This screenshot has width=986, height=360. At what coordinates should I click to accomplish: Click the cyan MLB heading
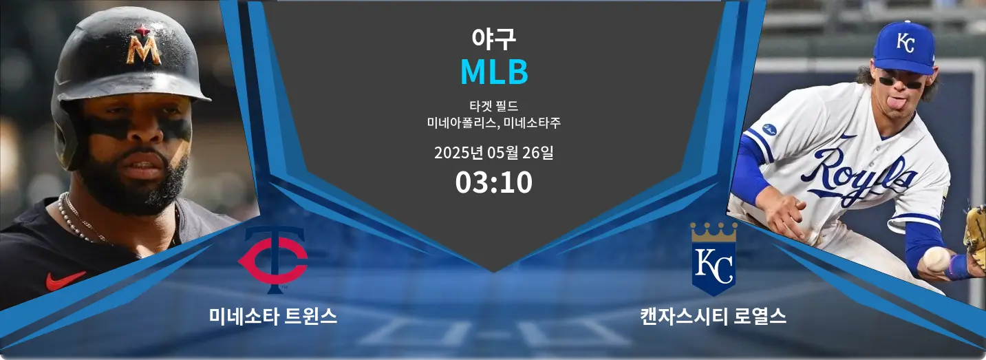[494, 72]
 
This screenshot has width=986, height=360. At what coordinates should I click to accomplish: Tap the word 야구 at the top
[493, 39]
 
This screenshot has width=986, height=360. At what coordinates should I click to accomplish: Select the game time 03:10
[494, 182]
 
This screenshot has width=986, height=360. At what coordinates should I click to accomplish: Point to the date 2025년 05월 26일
[494, 153]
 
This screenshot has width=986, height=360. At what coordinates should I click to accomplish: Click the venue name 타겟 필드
[494, 106]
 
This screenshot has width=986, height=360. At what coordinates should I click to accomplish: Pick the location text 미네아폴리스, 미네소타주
[494, 123]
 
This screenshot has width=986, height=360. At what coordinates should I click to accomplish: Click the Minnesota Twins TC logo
[273, 260]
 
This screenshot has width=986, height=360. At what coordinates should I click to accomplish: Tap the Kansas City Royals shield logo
[714, 259]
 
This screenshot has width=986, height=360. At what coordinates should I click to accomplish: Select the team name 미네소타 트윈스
[273, 317]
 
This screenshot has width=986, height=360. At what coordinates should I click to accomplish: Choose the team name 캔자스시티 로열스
[714, 317]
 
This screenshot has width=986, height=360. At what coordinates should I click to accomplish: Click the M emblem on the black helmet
[143, 46]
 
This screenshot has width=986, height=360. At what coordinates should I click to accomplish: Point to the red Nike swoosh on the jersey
[65, 280]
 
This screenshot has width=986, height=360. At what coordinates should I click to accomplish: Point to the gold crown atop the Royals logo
[714, 232]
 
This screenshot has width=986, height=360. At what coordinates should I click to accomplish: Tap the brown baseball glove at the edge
[976, 237]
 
